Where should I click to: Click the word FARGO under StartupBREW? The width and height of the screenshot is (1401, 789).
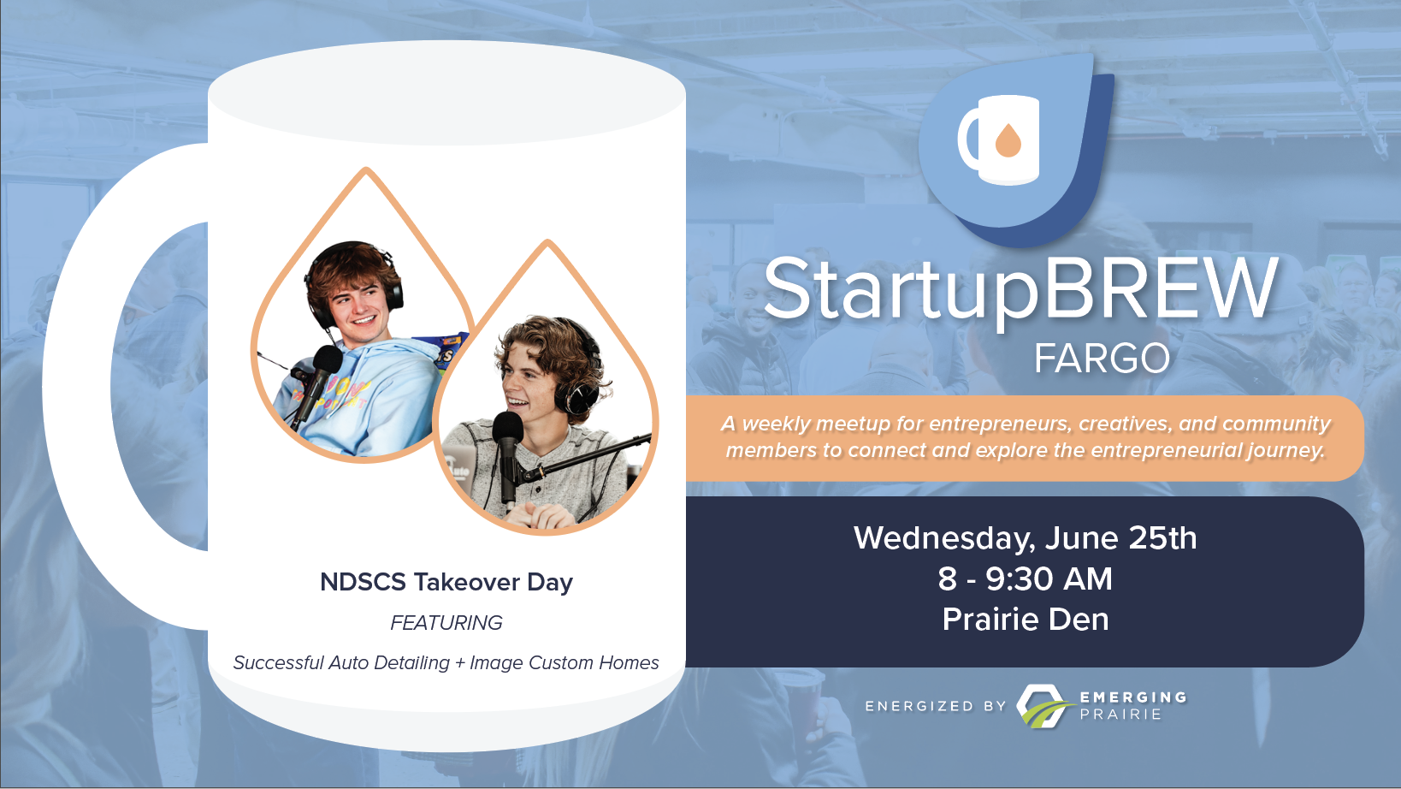1102,359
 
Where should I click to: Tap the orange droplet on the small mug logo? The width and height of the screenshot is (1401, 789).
1008,140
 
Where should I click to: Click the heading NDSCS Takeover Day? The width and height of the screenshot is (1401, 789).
446,583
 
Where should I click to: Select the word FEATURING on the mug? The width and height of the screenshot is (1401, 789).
446,623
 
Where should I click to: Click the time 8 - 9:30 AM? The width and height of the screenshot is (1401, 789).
1026,578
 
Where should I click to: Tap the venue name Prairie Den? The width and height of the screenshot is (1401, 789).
1026,620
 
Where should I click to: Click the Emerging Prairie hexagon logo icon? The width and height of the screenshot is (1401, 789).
1043,706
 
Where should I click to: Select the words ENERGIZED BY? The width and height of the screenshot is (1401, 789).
935,706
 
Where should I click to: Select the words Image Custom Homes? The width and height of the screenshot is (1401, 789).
565,662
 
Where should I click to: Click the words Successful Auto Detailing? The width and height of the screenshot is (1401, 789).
341,662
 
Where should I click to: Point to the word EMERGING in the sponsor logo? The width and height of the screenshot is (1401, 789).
1132,697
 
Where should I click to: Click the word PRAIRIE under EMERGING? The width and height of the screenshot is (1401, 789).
1120,715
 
